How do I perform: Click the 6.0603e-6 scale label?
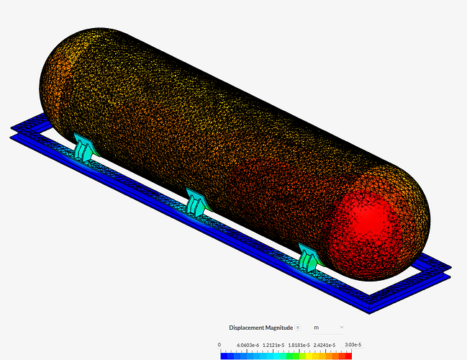[248, 345]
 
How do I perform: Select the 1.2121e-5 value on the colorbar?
[273, 345]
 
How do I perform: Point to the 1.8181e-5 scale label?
[299, 345]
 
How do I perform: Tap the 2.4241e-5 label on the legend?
[325, 345]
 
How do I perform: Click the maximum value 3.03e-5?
[353, 345]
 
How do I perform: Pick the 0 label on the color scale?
[219, 345]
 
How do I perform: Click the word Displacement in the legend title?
[246, 328]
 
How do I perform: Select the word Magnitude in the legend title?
[279, 328]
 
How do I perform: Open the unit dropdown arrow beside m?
[342, 327]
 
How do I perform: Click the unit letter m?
[317, 328]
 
